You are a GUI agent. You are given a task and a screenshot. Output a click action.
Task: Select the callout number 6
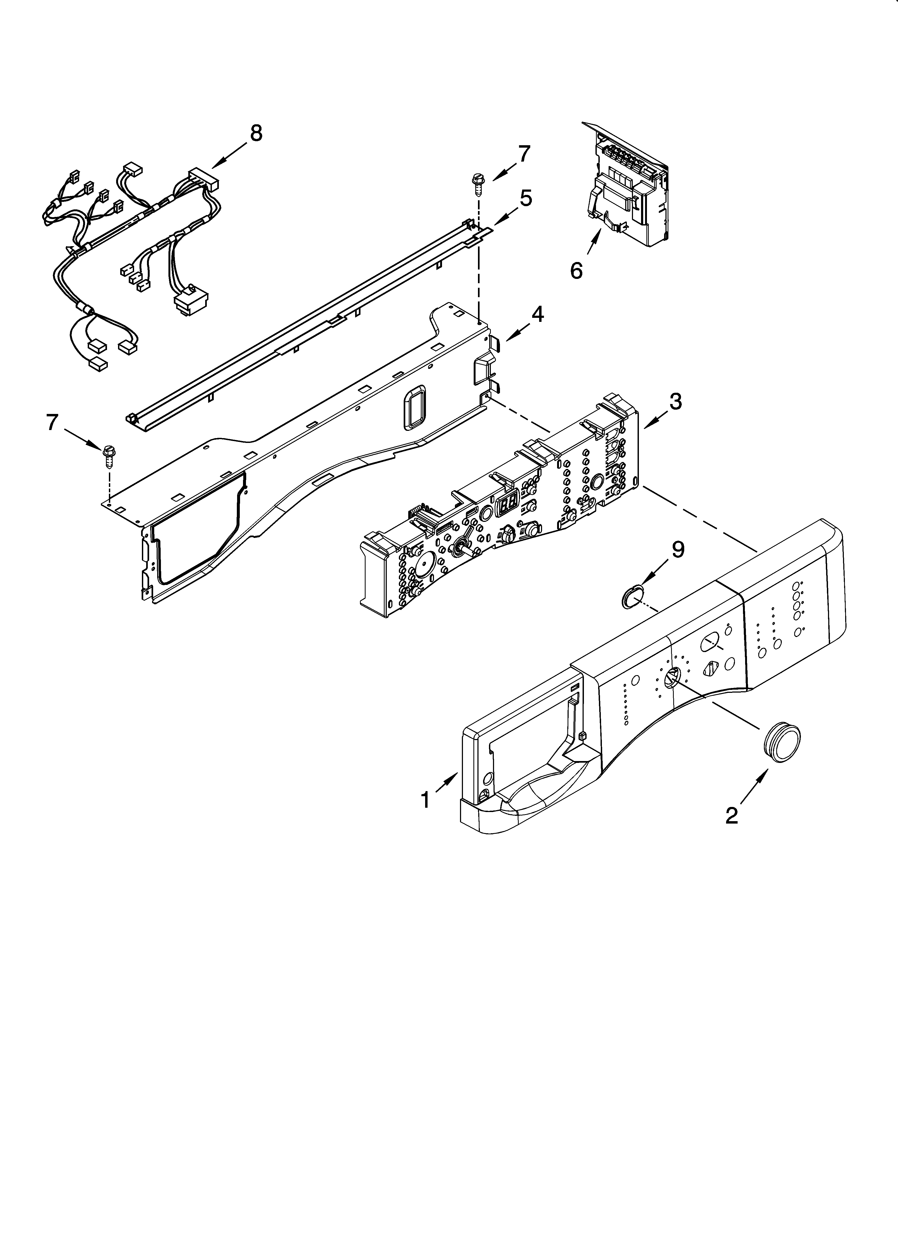(x=576, y=270)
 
